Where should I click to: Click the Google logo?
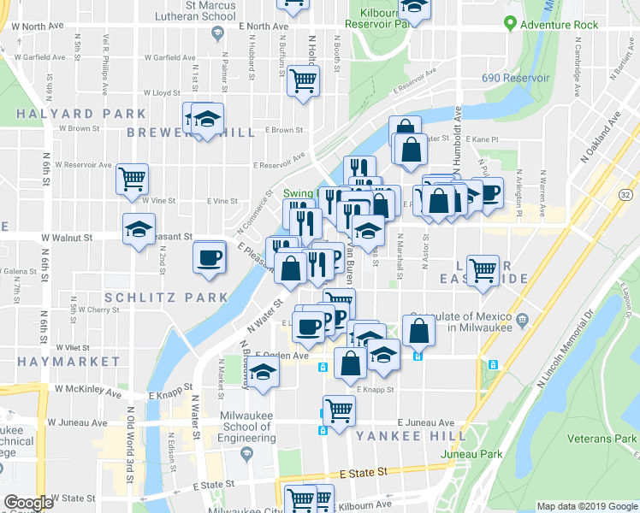point(28,502)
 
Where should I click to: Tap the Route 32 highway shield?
point(625,196)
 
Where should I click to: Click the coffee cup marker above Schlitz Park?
point(209,257)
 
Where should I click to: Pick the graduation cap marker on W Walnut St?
point(139,229)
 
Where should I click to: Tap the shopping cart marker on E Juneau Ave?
point(339,410)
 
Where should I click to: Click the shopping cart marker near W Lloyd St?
point(303,81)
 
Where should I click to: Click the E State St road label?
point(364,472)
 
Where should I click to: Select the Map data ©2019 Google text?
point(586,505)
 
